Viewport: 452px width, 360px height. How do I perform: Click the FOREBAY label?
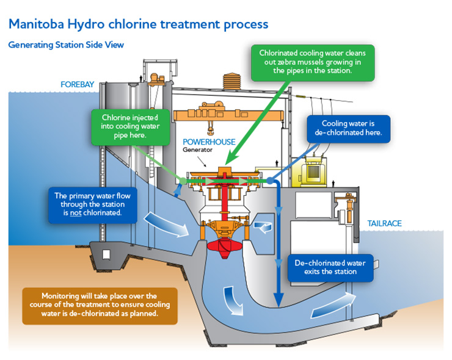pos(77,84)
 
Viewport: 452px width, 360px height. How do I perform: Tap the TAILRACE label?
pos(384,224)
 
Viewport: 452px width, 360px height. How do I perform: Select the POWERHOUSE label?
pos(209,142)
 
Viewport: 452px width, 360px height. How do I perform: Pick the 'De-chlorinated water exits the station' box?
pos(330,267)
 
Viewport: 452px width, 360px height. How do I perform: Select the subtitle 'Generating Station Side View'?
pos(67,45)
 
